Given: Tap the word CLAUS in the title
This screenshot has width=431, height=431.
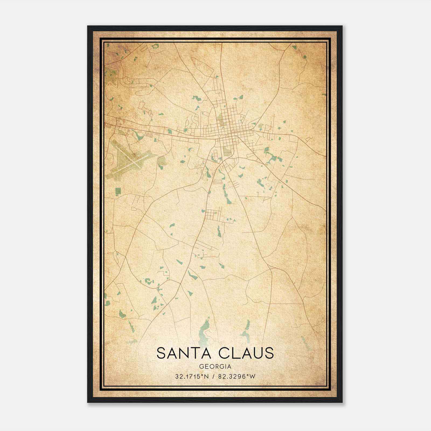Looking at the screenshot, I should coord(248,353).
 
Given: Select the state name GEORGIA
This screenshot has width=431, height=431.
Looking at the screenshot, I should coord(215,367).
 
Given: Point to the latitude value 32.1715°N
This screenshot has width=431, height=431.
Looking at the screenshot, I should coord(192,377).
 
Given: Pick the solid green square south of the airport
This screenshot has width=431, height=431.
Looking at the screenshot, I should coord(118,191).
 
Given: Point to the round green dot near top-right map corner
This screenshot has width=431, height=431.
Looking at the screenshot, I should coord(304,57).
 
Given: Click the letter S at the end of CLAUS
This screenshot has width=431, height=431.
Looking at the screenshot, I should coord(269,353).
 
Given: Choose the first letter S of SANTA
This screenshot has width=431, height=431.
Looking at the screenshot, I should coord(161,353).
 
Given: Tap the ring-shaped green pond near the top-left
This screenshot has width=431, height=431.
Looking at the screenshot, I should coord(155,47).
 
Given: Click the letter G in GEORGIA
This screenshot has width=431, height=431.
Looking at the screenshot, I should coord(201,367).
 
